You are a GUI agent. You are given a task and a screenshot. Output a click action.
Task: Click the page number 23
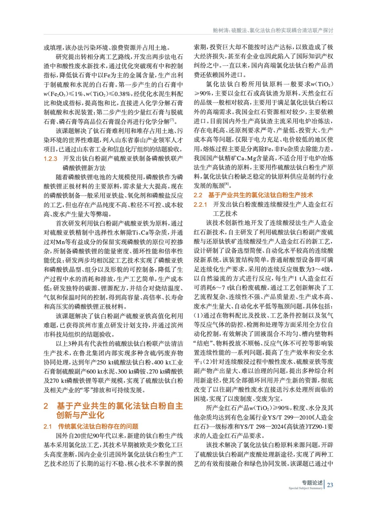pos(330,485)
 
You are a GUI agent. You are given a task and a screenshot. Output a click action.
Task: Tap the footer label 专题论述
pos(312,483)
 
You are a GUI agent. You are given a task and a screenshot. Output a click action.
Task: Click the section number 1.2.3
pos(50,159)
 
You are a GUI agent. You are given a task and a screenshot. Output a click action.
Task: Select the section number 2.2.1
pos(200,205)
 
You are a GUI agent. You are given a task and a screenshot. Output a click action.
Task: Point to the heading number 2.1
pos(48,426)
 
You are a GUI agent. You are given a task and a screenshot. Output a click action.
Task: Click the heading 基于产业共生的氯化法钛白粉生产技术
pos(260,195)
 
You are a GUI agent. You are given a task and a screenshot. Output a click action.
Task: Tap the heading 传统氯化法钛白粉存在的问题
pos(98,426)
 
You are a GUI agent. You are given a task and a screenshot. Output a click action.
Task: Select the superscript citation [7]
pos(172,120)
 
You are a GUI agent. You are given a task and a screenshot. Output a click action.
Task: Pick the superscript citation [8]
pos(226,184)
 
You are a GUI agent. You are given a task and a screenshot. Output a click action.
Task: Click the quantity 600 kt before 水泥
pos(94,372)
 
